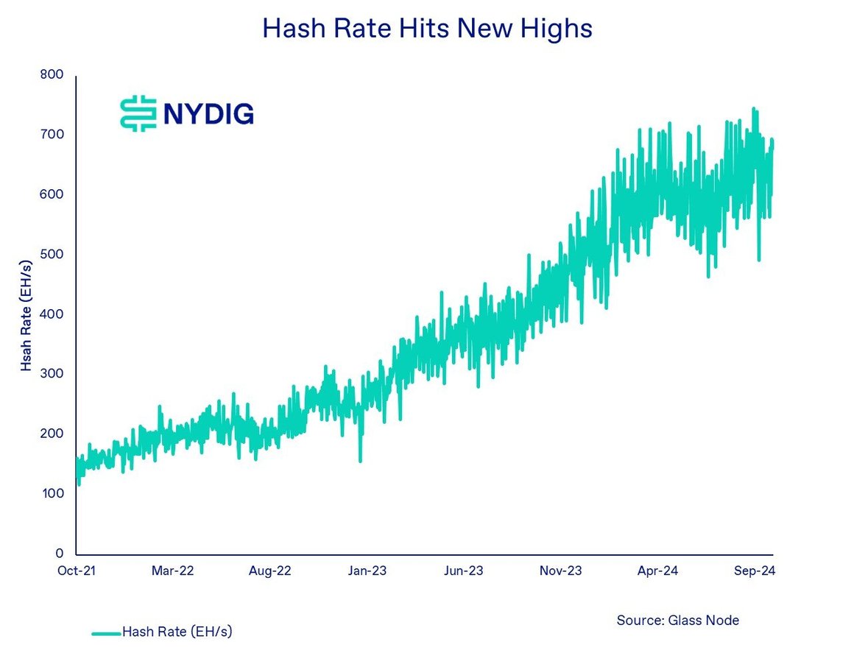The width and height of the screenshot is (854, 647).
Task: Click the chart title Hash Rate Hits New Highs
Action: tap(427, 29)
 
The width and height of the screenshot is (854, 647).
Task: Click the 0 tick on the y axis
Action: tap(60, 553)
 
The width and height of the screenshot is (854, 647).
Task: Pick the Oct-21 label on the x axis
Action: tap(76, 570)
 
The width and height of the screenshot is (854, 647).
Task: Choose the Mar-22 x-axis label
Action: tap(173, 570)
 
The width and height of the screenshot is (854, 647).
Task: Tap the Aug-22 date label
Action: tap(271, 570)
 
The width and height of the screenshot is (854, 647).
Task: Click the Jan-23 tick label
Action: tap(367, 570)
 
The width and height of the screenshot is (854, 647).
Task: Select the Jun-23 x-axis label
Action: tap(464, 570)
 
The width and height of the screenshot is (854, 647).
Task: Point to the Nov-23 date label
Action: tap(561, 570)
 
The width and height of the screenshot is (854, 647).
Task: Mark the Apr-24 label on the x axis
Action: tap(657, 570)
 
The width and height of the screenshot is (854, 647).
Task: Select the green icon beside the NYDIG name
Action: tap(138, 113)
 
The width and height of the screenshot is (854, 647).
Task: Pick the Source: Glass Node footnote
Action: tap(677, 620)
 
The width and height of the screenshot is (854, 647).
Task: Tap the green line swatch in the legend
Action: tap(105, 632)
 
